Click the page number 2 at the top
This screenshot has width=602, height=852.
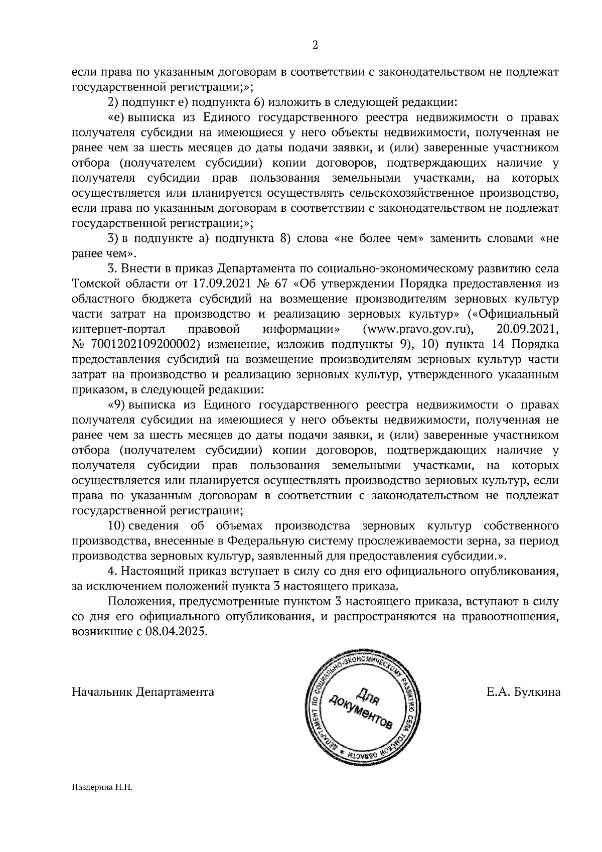[x=315, y=46]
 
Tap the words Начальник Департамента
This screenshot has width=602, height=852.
[x=143, y=692]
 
